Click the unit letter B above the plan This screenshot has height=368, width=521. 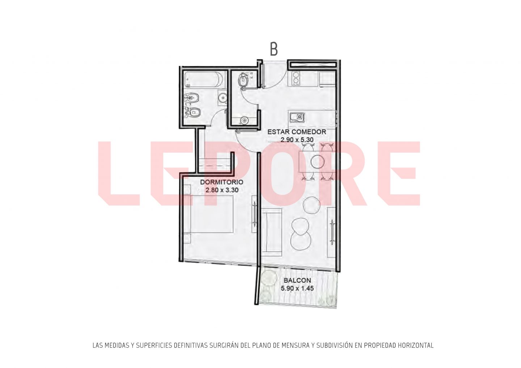pos(274,49)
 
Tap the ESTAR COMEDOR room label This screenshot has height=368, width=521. pos(297,132)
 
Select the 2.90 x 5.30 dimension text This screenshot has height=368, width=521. pos(297,140)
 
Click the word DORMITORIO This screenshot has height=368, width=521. pos(222,182)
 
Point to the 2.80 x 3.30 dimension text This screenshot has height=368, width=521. pos(222,190)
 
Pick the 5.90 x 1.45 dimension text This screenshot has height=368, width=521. pos(297,288)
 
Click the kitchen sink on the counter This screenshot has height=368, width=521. pos(297,117)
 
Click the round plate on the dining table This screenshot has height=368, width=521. pos(318,161)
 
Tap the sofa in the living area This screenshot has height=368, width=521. pos(271,232)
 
